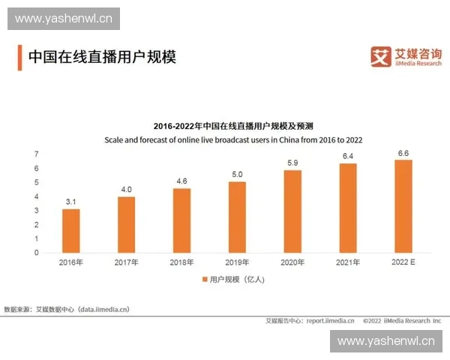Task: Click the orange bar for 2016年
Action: tap(70, 230)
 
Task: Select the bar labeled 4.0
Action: tap(126, 224)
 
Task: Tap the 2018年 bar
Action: tap(181, 220)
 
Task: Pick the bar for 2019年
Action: tap(237, 217)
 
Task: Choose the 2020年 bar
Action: tap(292, 211)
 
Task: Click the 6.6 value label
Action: tap(403, 153)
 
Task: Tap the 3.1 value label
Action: tap(70, 202)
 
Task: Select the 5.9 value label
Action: tap(292, 163)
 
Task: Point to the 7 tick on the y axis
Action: tap(36, 154)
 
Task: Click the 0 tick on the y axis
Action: tap(36, 253)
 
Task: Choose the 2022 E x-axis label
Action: tap(403, 262)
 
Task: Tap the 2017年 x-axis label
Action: tap(126, 262)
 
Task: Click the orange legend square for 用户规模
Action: tap(203, 279)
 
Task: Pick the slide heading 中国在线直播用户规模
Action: tap(101, 57)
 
